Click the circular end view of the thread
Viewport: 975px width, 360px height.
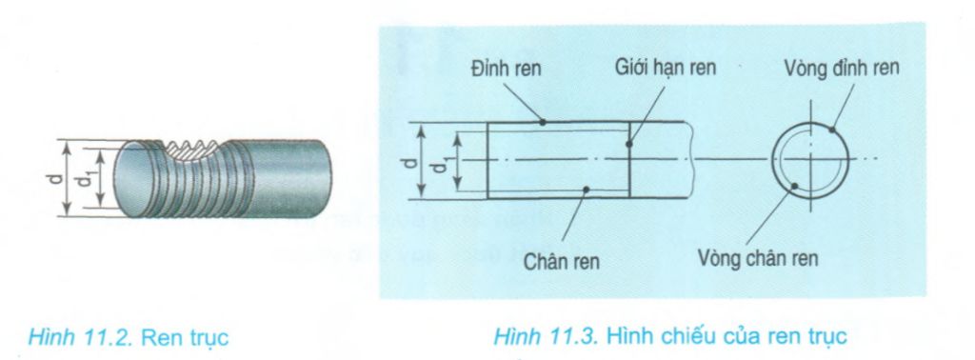coord(811,159)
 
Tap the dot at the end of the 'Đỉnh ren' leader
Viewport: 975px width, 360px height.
coord(543,122)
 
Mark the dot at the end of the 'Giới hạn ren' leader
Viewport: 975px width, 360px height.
coord(629,145)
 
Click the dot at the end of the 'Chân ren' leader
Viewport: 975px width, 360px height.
coord(588,190)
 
